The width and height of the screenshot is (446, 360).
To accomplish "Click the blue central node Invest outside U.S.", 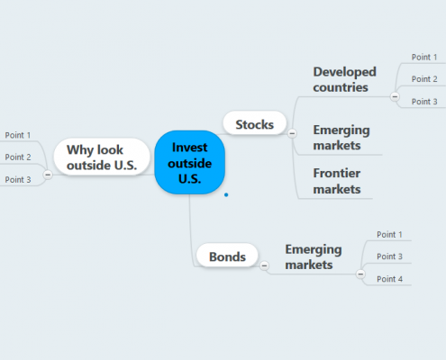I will coord(189,162).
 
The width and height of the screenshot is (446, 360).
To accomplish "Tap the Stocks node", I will coord(254,123).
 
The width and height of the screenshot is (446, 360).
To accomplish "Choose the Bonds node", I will coord(226,256).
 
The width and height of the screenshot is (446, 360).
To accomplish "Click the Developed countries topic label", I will coord(344,79).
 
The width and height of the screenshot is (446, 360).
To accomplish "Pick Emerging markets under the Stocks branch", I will coord(341,137).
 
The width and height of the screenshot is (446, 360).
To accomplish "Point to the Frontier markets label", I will coord(336,180).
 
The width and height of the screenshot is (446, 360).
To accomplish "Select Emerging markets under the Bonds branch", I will coord(314,256).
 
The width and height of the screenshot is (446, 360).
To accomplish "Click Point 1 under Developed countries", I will coord(423,57).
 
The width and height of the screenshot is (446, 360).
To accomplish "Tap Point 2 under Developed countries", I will coord(423,79).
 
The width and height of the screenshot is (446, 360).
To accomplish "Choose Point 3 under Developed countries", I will coord(423,102).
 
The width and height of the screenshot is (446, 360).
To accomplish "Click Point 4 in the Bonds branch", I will coord(389,279).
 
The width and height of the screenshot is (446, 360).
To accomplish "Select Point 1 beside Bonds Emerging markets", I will coord(389,234).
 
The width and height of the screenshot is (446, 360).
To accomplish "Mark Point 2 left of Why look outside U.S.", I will coord(18,157).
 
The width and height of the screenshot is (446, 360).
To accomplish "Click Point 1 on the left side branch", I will coord(18,135).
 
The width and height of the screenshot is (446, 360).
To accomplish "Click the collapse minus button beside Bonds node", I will coord(263,265).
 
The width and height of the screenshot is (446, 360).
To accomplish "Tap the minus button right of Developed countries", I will coord(395,94).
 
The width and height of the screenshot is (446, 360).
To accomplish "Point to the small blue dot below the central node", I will coord(226,193).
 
